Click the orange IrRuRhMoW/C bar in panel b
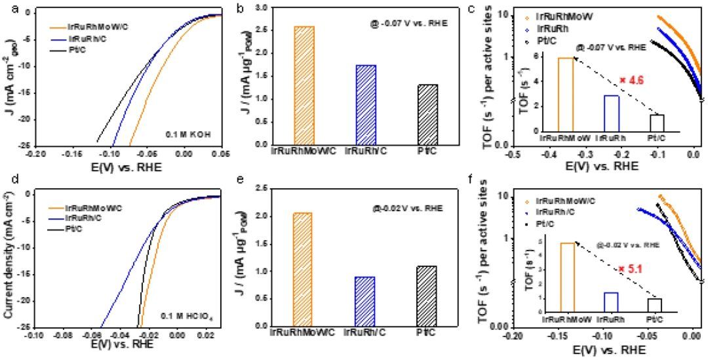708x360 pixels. [295, 85]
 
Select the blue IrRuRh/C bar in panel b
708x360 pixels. [366, 105]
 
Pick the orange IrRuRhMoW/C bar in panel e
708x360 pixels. [295, 269]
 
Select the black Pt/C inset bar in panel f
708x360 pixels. [654, 306]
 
